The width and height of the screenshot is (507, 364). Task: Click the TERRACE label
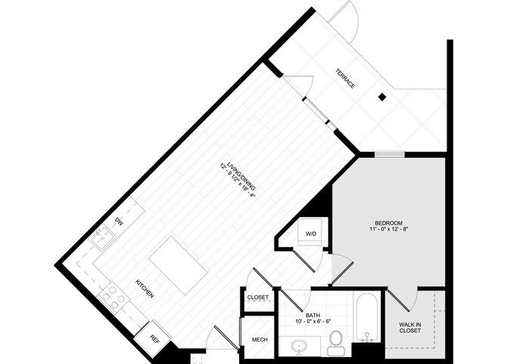[345, 78]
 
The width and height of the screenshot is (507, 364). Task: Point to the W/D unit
[311, 234]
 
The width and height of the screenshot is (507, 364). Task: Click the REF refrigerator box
[155, 338]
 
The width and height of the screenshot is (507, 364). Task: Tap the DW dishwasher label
[119, 221]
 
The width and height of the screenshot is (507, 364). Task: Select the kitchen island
[178, 265]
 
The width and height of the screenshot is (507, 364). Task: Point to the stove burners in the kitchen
[114, 296]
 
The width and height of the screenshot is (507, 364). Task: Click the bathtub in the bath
[368, 316]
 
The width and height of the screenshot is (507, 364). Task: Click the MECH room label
[258, 340]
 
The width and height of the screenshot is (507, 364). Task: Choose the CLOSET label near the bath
[258, 298]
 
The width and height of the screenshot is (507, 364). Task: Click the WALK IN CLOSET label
[411, 328]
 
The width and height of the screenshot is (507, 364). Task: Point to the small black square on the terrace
[382, 97]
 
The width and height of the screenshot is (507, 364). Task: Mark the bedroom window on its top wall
[390, 155]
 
